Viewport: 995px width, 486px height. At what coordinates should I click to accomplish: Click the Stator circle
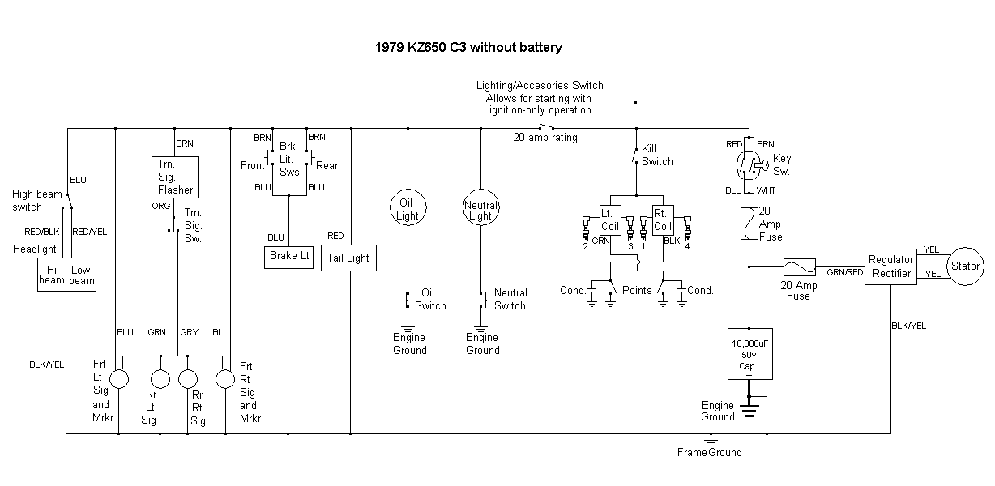click(x=965, y=266)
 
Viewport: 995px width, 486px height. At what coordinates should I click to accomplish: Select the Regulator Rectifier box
click(x=890, y=266)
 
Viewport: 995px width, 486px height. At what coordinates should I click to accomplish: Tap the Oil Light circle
click(x=408, y=210)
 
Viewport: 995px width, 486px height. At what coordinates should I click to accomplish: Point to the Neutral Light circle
click(x=480, y=210)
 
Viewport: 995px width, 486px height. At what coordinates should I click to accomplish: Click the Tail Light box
click(x=348, y=258)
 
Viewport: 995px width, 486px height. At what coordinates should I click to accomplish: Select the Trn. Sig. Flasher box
click(x=174, y=177)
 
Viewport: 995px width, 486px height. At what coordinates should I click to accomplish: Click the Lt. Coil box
click(x=609, y=220)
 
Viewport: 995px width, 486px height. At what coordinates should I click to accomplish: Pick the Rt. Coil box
click(x=662, y=220)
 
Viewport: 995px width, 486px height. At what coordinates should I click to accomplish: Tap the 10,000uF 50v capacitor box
click(x=749, y=354)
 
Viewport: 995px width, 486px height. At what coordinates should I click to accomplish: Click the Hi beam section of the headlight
click(x=52, y=275)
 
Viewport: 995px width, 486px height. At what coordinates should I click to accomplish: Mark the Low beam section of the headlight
click(x=82, y=275)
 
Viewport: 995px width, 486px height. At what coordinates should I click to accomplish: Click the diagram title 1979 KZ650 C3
click(x=468, y=47)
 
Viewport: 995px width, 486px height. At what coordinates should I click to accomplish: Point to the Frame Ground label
click(x=710, y=452)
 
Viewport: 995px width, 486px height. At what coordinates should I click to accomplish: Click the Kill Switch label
click(x=657, y=156)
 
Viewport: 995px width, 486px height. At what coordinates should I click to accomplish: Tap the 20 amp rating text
click(x=545, y=138)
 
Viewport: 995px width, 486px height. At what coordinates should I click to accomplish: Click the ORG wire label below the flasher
click(x=160, y=206)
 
